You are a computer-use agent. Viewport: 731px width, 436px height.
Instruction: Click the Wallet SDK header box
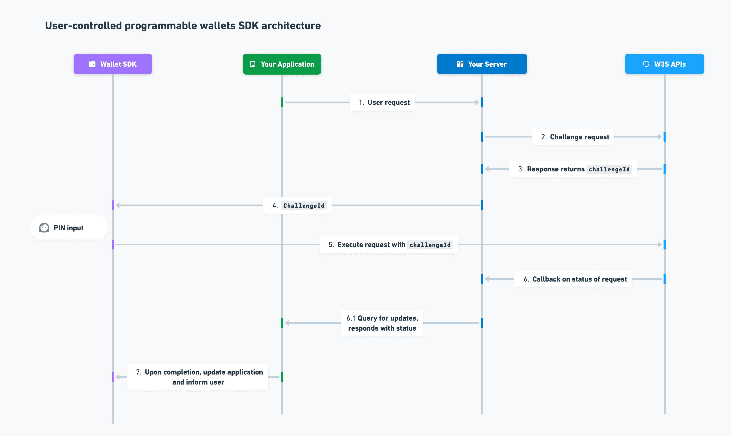tap(113, 64)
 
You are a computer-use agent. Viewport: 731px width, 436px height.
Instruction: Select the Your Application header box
tap(282, 64)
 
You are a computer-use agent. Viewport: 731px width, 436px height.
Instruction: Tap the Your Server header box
tap(482, 64)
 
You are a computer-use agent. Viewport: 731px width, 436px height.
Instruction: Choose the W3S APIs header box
tap(664, 64)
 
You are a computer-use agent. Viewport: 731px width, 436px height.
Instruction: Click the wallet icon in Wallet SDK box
tap(92, 64)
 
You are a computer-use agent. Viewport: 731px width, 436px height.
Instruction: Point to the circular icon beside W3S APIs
tap(646, 64)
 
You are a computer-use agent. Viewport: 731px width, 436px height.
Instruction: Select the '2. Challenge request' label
tap(573, 137)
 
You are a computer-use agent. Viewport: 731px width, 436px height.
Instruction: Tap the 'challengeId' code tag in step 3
tap(609, 169)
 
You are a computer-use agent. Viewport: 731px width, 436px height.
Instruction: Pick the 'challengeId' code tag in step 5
tap(430, 245)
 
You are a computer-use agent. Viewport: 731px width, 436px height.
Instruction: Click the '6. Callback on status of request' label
tap(573, 279)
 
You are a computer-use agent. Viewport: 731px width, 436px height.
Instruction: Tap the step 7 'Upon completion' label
tap(197, 377)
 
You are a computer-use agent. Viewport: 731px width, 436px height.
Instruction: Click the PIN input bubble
tap(68, 228)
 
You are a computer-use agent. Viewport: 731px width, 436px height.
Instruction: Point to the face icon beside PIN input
tap(44, 228)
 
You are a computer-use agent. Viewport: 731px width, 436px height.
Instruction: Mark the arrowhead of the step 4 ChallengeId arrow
tap(118, 205)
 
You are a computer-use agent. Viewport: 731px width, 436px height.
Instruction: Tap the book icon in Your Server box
tap(460, 64)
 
